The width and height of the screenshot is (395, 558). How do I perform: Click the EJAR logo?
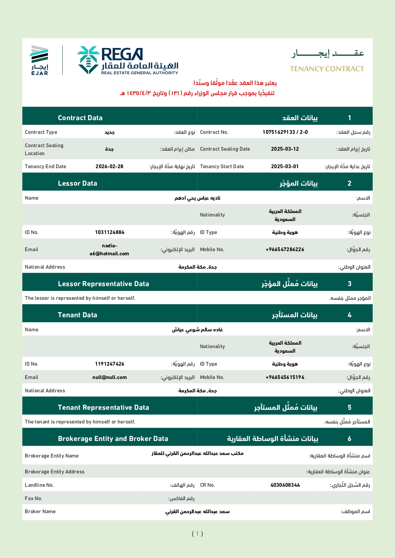39,60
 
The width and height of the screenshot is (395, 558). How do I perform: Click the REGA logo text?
122,54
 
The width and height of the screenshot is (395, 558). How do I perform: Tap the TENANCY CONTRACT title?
327,69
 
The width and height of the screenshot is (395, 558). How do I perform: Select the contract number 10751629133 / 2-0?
285,132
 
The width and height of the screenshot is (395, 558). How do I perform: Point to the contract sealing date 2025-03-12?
285,149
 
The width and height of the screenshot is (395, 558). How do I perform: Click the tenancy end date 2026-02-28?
109,167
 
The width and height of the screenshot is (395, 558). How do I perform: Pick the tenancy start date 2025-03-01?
285,167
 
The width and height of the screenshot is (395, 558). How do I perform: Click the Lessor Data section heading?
77,183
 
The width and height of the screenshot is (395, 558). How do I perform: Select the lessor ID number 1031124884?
110,232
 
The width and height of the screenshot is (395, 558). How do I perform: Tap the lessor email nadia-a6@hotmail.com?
109,250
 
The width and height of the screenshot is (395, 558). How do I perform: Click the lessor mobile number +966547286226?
285,250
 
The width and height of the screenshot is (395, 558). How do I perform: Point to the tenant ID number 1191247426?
110,364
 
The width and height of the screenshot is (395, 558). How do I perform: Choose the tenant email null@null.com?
110,377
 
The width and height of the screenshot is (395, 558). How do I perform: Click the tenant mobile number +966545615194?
285,377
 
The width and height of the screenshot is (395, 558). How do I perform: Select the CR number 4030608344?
285,485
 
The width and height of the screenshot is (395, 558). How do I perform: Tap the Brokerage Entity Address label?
55,472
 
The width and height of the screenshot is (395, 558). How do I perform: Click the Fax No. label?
33,499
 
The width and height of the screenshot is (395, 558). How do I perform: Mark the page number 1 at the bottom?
197,534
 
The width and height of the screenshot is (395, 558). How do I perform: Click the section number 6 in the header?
349,439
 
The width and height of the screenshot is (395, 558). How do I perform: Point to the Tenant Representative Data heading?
104,408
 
